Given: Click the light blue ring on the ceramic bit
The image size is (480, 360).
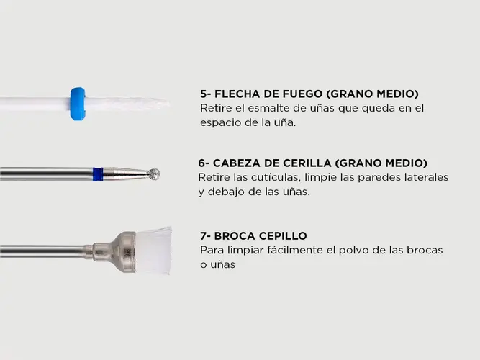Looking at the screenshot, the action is coord(78,104).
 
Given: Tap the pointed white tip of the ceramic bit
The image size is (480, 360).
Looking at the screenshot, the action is coord(168,103).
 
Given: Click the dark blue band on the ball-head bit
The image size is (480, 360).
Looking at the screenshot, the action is coord(98,174).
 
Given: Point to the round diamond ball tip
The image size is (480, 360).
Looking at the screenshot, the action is coord(153,174).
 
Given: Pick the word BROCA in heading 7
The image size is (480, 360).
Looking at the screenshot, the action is coord(235,236).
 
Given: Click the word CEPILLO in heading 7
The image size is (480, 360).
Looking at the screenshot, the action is coord(283,236).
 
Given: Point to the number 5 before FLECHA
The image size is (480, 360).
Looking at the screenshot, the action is coord(204,94).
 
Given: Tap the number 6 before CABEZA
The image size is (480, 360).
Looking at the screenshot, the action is coord(202,163).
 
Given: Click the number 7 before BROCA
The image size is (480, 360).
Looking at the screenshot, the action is coord(204,236).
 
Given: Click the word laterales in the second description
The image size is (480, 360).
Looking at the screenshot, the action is coord(426,177).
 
